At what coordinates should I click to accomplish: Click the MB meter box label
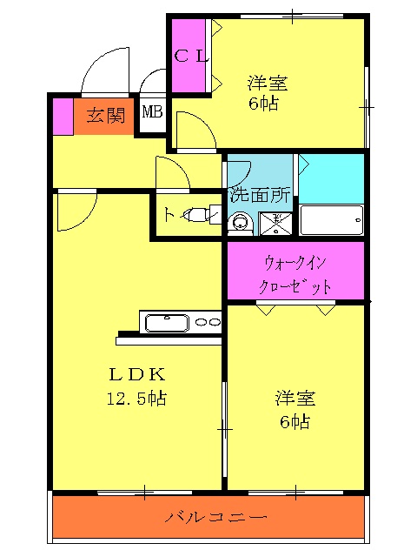tap(152, 112)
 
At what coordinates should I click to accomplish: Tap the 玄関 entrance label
tap(105, 116)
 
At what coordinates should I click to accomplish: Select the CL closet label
tap(191, 57)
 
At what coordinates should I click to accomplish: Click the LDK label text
tap(136, 375)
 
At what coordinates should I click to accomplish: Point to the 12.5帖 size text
tap(136, 399)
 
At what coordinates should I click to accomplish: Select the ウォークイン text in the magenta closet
tap(295, 261)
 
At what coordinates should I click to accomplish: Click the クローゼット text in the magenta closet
tap(295, 286)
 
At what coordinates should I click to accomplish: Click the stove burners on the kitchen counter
tap(208, 323)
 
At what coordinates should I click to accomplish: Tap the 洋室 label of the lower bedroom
tap(295, 399)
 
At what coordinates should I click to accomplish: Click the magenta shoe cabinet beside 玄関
tap(63, 117)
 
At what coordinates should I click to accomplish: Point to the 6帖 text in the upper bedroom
tap(264, 104)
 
